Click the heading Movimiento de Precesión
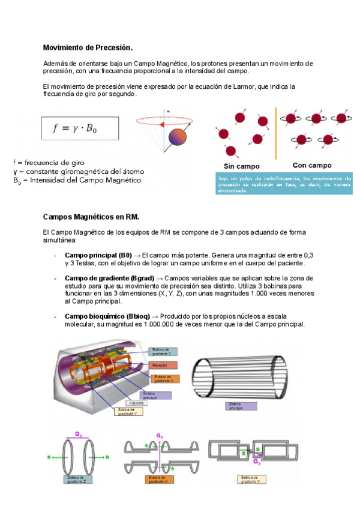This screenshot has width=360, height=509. (88, 47)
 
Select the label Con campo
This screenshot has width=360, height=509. (311, 165)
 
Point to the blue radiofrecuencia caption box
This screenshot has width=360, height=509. (283, 184)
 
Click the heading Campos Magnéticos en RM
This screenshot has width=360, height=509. (91, 216)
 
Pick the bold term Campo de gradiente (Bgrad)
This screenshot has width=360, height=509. (109, 279)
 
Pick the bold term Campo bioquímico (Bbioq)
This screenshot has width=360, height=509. (107, 316)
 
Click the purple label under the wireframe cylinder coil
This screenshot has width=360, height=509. (240, 406)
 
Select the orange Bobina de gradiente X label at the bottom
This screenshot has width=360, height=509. (159, 479)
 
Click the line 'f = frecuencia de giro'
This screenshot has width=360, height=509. (49, 162)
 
